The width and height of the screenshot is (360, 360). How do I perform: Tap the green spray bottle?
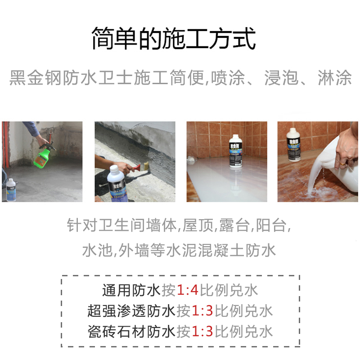[x=44, y=153]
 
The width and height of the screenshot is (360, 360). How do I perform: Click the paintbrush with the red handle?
[x=140, y=167]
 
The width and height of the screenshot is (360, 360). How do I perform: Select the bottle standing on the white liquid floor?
[x=236, y=151]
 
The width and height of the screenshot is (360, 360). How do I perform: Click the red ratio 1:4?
[x=187, y=290]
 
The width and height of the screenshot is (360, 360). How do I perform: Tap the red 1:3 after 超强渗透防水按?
[x=202, y=310]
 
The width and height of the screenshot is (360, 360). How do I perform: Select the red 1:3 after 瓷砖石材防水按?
[x=202, y=331]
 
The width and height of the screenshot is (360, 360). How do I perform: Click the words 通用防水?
[x=131, y=290]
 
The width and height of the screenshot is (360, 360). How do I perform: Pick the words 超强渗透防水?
[x=131, y=310]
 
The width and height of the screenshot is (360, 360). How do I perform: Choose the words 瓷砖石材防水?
[x=131, y=331]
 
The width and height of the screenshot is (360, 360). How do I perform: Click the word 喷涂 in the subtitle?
[x=228, y=77]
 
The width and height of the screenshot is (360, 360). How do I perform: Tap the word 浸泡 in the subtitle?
[x=282, y=77]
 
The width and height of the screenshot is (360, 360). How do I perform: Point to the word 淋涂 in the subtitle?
[x=335, y=77]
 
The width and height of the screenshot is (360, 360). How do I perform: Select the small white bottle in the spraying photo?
[x=10, y=190]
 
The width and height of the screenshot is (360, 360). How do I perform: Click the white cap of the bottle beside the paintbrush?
[x=114, y=170]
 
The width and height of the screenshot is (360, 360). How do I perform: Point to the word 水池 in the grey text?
[x=97, y=250]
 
